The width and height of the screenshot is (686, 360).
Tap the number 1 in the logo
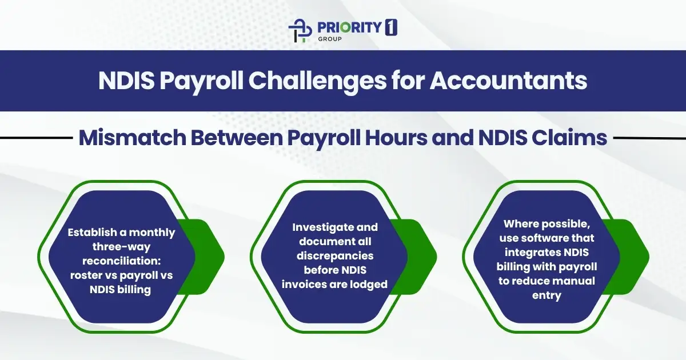point(392,27)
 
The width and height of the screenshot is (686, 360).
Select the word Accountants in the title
point(508,81)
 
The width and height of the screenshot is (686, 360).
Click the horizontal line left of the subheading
point(34,138)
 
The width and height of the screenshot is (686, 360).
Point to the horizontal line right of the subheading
point(649,138)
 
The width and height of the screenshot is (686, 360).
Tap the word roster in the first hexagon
point(83,275)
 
